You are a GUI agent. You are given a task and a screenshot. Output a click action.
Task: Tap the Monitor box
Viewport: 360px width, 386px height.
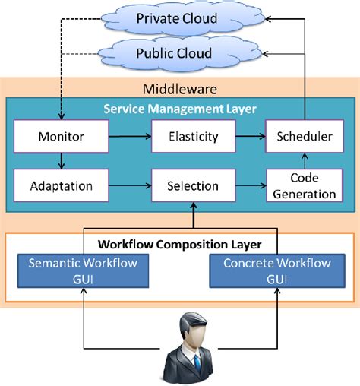point(60,138)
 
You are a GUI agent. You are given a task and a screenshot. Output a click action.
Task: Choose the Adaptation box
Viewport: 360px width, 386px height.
point(60,185)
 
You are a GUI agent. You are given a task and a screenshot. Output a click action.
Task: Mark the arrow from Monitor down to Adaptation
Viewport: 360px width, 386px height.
point(60,161)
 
